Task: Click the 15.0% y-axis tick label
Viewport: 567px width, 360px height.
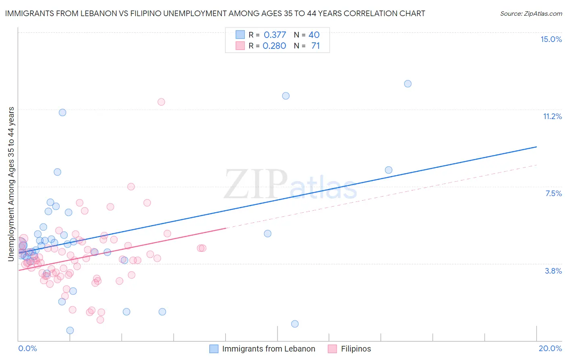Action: [551, 39]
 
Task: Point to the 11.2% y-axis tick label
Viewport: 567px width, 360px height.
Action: [552, 116]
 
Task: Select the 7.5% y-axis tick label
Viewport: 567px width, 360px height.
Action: [553, 193]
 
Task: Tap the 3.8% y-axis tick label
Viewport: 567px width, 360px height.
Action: [553, 271]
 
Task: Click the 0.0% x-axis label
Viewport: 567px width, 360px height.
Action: [27, 348]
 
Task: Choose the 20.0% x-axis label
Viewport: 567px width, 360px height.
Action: [550, 348]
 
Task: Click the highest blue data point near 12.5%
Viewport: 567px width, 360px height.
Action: [408, 84]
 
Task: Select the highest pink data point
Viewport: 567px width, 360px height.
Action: [161, 102]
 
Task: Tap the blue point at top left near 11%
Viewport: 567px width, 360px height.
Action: [63, 112]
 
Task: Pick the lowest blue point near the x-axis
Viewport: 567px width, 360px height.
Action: [70, 330]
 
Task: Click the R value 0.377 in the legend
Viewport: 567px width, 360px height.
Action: [275, 35]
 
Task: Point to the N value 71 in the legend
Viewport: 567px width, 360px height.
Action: [315, 46]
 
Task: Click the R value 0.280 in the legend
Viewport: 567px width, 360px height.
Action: [274, 46]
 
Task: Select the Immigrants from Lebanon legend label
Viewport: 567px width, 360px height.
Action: [269, 349]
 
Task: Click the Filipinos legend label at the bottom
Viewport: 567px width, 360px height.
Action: [356, 349]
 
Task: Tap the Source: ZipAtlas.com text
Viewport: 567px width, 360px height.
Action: [531, 13]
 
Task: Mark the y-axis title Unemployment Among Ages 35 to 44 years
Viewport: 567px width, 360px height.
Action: [11, 184]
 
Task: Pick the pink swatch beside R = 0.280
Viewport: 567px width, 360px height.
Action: [240, 46]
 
